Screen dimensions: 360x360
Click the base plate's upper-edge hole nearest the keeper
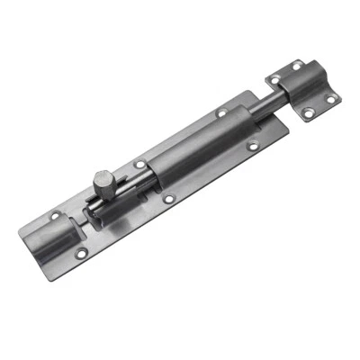click(221, 114)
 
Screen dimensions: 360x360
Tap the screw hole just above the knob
click(139, 165)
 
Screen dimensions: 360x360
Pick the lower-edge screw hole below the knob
click(168, 198)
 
